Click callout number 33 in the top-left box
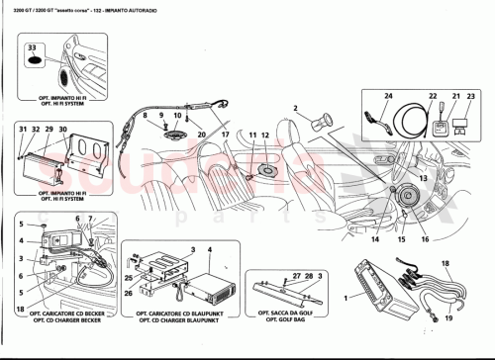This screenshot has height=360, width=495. coord(33,48)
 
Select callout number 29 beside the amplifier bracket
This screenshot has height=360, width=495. coord(47,130)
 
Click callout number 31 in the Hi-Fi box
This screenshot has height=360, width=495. coord(22,130)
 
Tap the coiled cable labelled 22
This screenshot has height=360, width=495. coord(408,127)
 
